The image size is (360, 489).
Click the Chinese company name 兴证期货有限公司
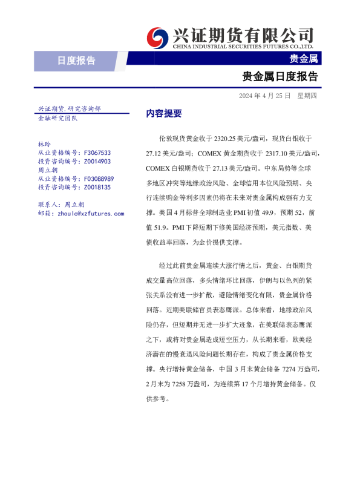(x=243, y=34)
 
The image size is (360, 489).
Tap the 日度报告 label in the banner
(x=76, y=60)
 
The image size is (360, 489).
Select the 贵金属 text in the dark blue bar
(x=304, y=59)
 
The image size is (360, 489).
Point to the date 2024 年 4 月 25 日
(x=264, y=96)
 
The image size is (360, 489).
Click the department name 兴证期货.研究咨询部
(x=69, y=109)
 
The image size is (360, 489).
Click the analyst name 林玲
(x=44, y=145)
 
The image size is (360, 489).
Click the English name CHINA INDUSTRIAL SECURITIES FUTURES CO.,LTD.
(x=243, y=46)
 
